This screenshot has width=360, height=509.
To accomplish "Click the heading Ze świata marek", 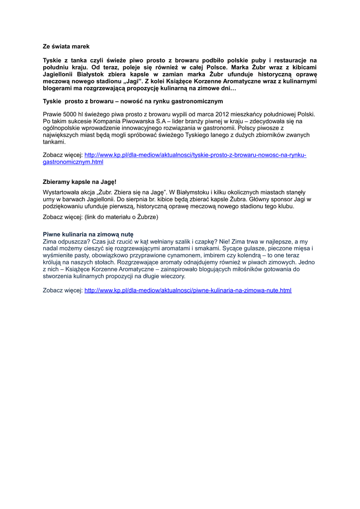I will point(66,46).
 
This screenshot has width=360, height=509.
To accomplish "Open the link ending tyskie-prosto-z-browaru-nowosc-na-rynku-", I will point(195,155).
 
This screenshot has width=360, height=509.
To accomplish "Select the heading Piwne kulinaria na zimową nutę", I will point(88,234).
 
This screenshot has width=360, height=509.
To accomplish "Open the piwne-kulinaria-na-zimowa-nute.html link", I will point(188,290).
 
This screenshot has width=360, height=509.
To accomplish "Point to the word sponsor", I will point(275,199).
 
